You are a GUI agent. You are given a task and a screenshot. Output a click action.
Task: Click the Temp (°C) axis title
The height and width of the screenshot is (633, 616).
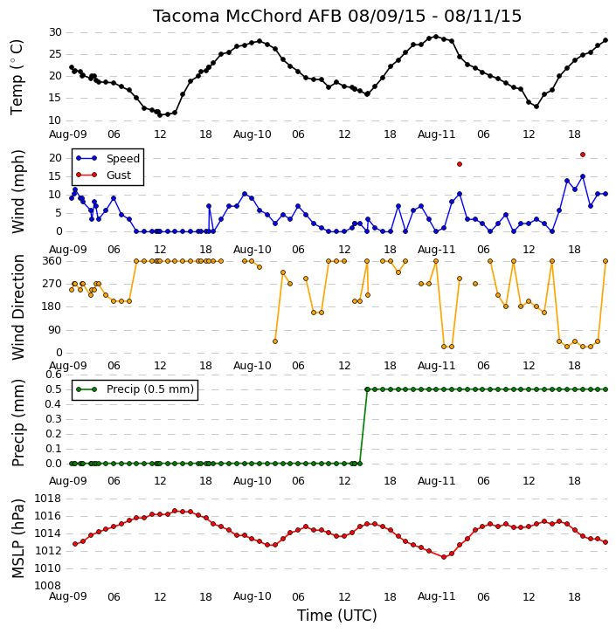click(17, 77)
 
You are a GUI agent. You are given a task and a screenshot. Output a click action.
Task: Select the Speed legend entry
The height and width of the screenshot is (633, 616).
click(107, 158)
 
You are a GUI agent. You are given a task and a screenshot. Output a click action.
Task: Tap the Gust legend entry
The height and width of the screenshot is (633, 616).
click(104, 175)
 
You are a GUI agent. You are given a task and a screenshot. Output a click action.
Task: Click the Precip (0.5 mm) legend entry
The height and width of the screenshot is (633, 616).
click(135, 389)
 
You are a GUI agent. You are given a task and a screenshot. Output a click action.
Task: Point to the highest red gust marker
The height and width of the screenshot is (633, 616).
click(583, 155)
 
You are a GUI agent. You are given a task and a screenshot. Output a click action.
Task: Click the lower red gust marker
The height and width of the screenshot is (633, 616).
click(460, 164)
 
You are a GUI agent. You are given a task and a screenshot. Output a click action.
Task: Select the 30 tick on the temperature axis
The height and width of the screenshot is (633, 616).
click(55, 32)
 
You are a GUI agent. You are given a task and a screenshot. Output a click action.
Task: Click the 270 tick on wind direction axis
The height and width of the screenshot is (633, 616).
click(52, 284)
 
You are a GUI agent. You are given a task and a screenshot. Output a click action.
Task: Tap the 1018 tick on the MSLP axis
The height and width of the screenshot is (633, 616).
click(48, 499)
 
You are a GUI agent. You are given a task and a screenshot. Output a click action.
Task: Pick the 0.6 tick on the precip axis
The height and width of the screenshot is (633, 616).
click(53, 375)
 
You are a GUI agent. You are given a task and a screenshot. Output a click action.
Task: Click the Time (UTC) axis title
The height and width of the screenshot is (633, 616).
click(337, 616)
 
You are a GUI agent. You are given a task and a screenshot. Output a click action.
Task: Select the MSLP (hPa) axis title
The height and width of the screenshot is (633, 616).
click(17, 539)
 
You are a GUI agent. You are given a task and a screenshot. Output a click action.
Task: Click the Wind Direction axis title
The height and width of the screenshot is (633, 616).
click(17, 307)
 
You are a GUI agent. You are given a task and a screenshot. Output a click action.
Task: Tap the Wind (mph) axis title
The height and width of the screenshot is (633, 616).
click(17, 191)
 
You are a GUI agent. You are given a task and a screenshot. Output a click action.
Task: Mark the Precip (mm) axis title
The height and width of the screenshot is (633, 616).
click(17, 423)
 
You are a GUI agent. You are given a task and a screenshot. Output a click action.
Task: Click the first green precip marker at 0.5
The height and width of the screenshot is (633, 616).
click(367, 389)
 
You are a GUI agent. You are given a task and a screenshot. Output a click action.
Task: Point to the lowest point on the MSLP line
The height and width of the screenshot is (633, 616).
click(444, 557)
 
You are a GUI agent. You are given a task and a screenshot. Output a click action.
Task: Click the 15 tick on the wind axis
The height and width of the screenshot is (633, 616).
click(55, 176)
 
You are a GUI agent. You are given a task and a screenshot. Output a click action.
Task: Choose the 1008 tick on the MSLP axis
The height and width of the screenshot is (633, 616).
click(48, 586)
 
